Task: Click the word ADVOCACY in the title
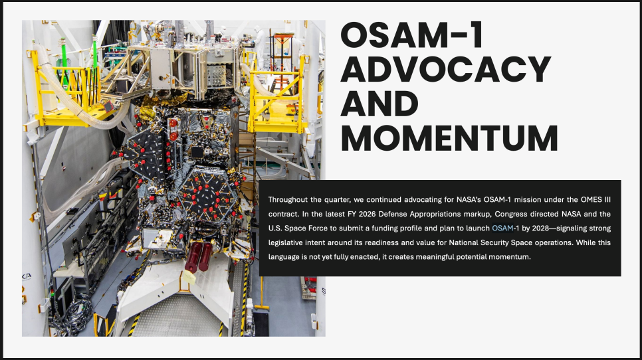446,69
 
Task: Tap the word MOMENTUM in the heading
449,138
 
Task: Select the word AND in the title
379,104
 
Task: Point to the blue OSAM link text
502,228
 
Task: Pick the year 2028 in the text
540,228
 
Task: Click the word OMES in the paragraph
591,200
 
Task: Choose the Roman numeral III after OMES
607,200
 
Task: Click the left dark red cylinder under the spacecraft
193,257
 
